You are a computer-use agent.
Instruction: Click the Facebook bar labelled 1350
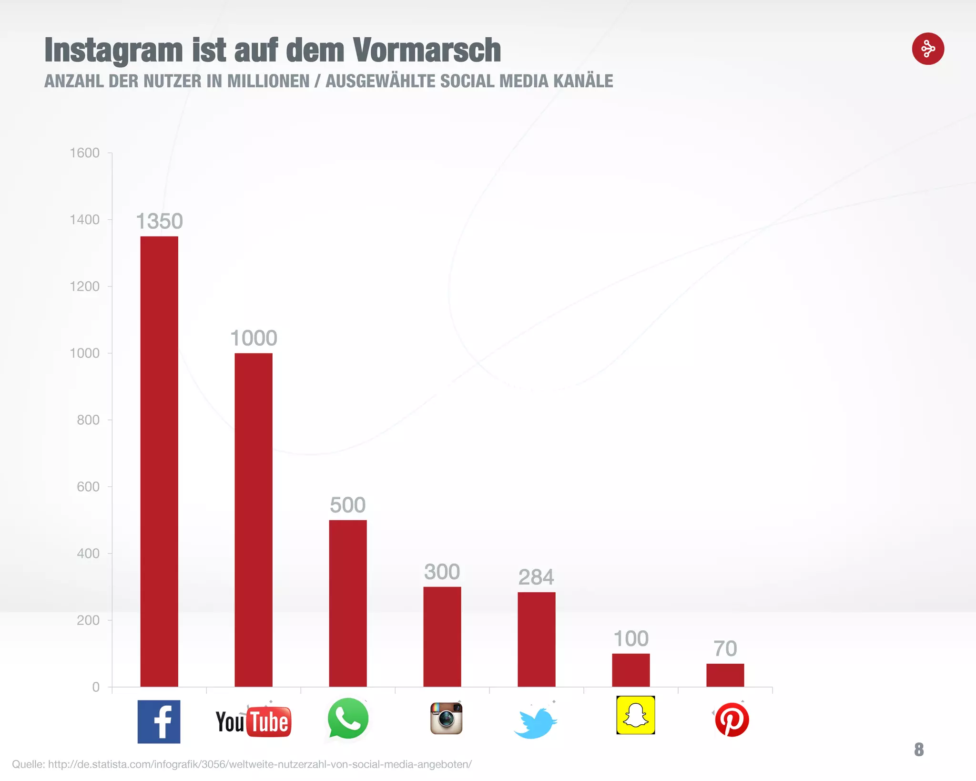(159, 461)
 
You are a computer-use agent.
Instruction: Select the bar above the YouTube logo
(254, 520)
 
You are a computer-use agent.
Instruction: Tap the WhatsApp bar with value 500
(348, 603)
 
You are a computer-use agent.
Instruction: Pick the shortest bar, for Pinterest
(725, 675)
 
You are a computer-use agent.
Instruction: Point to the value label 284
(536, 577)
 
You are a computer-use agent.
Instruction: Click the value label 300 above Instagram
(442, 572)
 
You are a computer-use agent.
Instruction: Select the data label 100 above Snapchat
(630, 639)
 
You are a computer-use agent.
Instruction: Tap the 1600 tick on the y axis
(84, 153)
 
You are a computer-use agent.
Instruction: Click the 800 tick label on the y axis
(88, 420)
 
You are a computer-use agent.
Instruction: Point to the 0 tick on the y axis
(96, 687)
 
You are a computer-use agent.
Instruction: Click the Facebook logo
(159, 721)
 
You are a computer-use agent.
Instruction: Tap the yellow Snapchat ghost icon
(635, 715)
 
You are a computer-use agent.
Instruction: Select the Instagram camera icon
(446, 718)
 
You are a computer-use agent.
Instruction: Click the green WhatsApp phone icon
(348, 719)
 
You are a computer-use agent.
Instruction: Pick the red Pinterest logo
(732, 719)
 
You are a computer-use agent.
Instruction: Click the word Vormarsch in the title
(427, 50)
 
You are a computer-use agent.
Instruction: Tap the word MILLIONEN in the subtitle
(268, 81)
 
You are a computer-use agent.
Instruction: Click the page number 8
(919, 750)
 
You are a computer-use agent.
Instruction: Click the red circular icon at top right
(928, 49)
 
